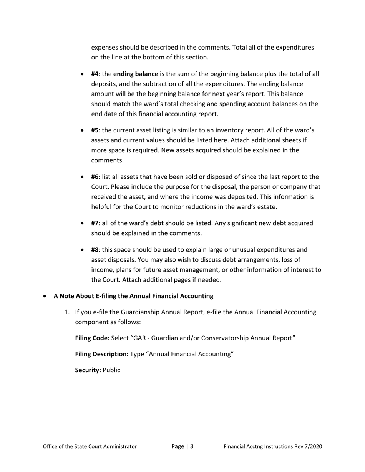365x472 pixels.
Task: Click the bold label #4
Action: [95, 74]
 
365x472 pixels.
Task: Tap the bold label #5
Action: [95, 130]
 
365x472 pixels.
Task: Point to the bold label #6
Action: [95, 177]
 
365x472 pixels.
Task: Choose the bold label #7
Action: [95, 223]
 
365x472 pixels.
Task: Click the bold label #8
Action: [95, 250]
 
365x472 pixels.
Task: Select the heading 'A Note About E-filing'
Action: [133, 296]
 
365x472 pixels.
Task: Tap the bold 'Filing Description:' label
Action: [101, 354]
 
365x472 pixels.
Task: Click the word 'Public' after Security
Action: [111, 370]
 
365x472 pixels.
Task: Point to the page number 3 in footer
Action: [192, 446]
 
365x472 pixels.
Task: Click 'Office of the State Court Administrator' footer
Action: [90, 447]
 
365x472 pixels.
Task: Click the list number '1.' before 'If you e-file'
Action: [67, 312]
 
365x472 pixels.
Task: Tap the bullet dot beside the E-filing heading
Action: [46, 296]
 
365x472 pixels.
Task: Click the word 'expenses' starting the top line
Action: [104, 48]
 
